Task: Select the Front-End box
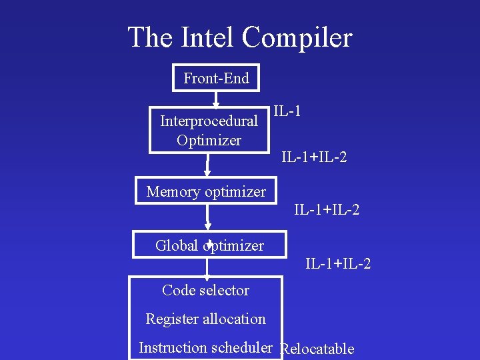(x=216, y=79)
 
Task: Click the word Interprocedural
(x=209, y=121)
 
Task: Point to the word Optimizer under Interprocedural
(x=209, y=141)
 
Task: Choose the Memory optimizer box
(x=206, y=192)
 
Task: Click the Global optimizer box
(x=209, y=245)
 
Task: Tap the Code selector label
(x=205, y=290)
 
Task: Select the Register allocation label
(x=205, y=319)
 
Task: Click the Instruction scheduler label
(x=205, y=347)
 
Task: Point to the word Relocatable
(x=318, y=349)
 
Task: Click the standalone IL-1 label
(x=287, y=111)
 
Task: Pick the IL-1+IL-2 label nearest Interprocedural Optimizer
(x=314, y=158)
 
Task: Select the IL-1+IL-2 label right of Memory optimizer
(x=327, y=210)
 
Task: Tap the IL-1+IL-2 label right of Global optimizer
(x=338, y=264)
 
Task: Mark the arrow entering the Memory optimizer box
(x=208, y=165)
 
